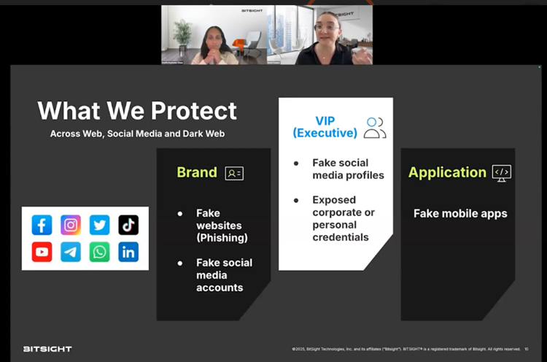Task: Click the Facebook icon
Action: point(42,225)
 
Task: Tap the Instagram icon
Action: point(71,225)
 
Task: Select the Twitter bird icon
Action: point(100,225)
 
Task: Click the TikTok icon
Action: point(128,225)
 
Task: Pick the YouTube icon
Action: point(42,253)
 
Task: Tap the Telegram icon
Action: point(71,253)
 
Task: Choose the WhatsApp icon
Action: point(100,253)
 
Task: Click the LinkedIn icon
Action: point(128,253)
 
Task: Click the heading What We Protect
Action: point(137,110)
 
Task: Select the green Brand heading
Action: point(197,172)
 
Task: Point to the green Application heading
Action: point(447,172)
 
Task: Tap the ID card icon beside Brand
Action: point(234,173)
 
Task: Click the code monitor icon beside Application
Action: point(502,172)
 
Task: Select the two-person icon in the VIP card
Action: point(375,127)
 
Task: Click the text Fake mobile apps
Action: point(460,214)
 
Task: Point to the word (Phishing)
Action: point(222,238)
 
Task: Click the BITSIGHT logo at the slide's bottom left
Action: point(47,349)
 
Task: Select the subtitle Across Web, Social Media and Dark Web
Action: point(136,134)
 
